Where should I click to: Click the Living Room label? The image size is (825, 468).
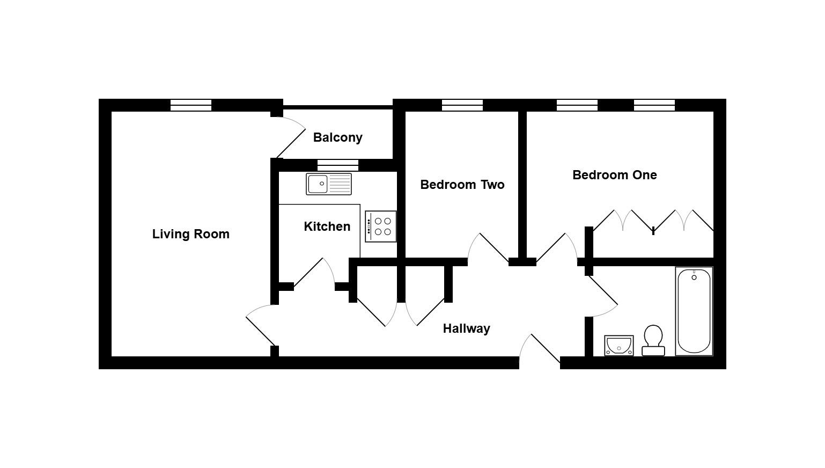(x=190, y=234)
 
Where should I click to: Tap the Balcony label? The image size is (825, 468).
(x=337, y=137)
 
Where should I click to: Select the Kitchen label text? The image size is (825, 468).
(x=327, y=226)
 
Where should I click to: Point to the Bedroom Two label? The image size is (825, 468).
(x=462, y=185)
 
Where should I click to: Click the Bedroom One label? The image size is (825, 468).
(x=614, y=175)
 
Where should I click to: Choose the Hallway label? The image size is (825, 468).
(x=466, y=328)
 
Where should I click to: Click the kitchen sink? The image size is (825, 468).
(x=329, y=184)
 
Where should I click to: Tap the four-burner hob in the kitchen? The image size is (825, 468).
(x=381, y=226)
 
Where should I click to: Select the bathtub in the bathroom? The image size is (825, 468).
(x=694, y=311)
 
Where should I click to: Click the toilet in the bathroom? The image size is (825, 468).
(x=653, y=340)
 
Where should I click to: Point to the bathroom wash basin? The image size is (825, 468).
(x=619, y=346)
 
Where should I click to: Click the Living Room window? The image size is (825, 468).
(x=191, y=105)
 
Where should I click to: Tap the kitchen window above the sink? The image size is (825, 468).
(x=337, y=165)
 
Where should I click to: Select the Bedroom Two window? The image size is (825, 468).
(x=462, y=105)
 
